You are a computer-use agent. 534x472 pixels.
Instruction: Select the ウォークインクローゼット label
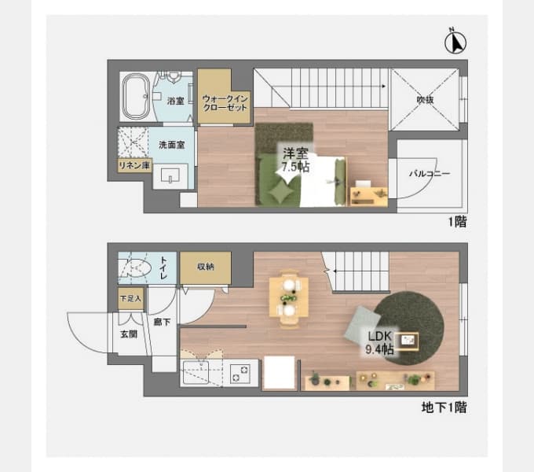pos(225,103)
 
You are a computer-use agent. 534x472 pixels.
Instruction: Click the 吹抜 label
pos(425,100)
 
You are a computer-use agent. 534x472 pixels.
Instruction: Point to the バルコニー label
pos(429,174)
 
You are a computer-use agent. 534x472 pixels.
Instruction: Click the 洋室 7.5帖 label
pos(295,160)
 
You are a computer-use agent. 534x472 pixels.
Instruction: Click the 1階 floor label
pos(457,222)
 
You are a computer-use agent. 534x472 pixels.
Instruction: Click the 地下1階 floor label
pos(444,407)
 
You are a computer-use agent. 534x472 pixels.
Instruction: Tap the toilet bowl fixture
pos(137,270)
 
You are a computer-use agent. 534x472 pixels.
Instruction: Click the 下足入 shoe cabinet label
pos(130,299)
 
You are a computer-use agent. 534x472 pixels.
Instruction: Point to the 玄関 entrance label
pos(128,334)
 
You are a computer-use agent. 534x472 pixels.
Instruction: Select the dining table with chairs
pos(289,297)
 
